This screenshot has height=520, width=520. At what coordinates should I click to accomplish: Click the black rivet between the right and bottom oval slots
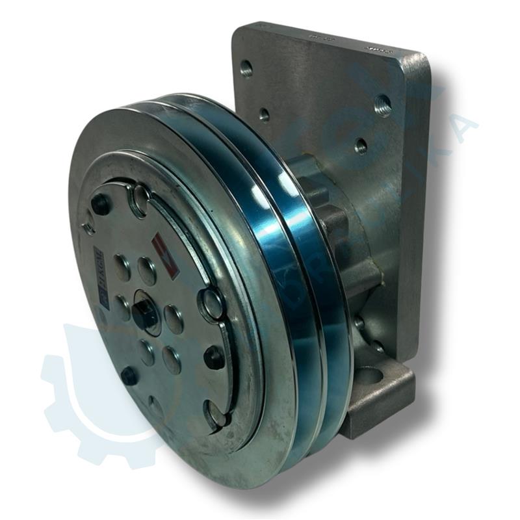(x=214, y=356)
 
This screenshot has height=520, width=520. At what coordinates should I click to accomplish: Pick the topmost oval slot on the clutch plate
(x=140, y=198)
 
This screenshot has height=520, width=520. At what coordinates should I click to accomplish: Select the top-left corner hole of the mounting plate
(x=246, y=68)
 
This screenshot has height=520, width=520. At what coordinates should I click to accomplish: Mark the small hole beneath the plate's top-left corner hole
(x=263, y=114)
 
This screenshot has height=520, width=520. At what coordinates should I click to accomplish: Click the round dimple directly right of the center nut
(x=173, y=318)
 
